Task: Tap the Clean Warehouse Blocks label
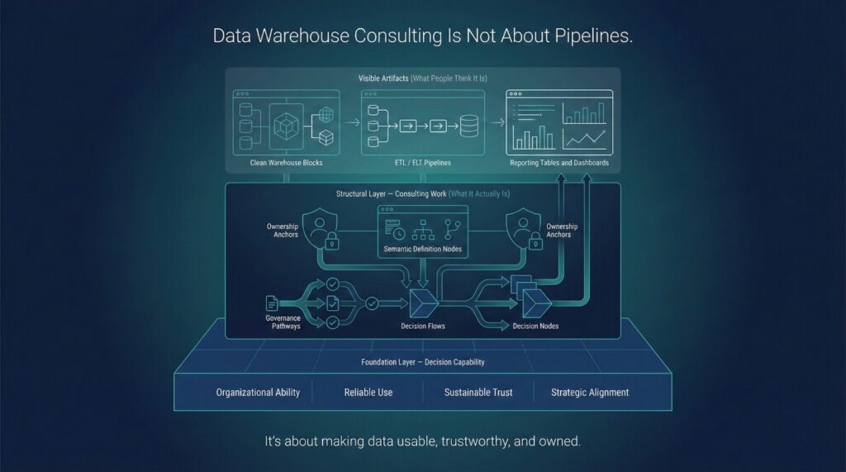coord(287,163)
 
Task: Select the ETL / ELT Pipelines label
coord(422,163)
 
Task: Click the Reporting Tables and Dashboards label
coord(559,163)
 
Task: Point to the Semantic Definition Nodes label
coord(422,249)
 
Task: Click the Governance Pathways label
coord(283,322)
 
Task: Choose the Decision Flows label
coord(423,326)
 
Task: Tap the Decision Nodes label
coord(535,326)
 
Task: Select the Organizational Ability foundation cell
coord(258,392)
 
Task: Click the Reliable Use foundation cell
coord(368,392)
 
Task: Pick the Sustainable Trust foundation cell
coord(478,392)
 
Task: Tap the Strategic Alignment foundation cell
coord(590,392)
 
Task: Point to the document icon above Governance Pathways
coord(271,303)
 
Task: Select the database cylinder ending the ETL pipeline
coord(469,126)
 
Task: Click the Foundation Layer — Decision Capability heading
coord(422,362)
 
